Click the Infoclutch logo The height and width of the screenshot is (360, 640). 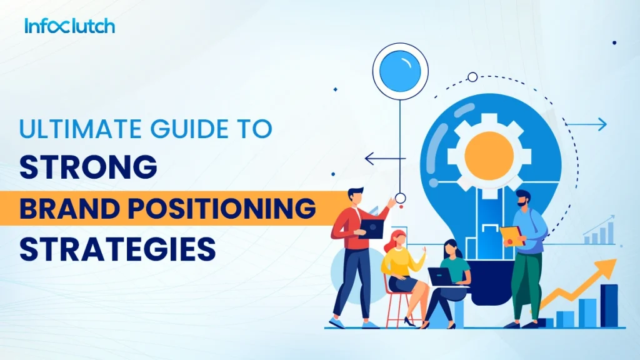click(x=69, y=26)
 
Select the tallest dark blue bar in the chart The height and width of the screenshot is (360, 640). click(x=609, y=304)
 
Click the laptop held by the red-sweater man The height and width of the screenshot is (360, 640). click(x=371, y=229)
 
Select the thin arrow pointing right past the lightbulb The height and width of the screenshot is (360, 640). click(x=587, y=124)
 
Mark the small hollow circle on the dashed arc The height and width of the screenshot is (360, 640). click(x=472, y=77)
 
